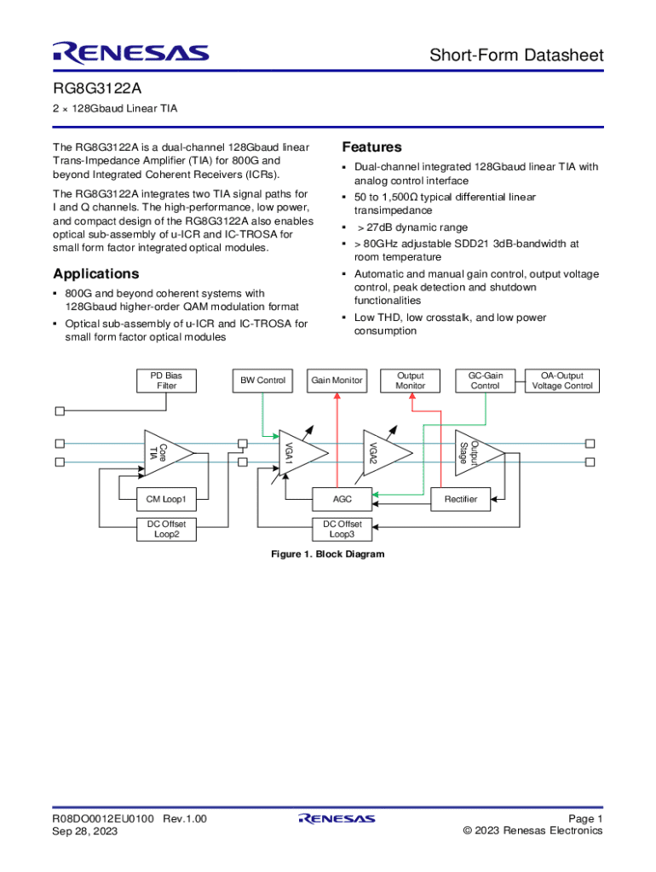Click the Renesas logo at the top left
[130, 54]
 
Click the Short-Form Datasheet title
[516, 55]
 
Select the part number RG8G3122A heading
[95, 89]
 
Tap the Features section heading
[371, 147]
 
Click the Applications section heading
[95, 273]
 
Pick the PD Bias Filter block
[166, 381]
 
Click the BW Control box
[262, 381]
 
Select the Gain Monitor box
[337, 381]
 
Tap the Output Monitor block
[410, 381]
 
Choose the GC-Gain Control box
[486, 381]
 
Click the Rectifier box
[461, 499]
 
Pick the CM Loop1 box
[166, 499]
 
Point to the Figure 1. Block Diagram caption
[327, 554]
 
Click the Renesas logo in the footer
[337, 819]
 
